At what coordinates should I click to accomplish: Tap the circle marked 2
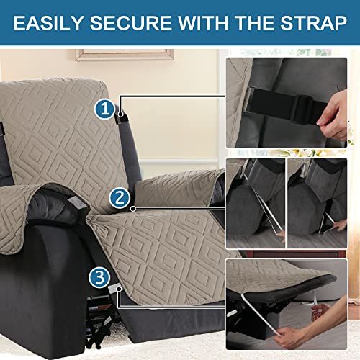(120, 197)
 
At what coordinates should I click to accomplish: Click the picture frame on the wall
(124, 54)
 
